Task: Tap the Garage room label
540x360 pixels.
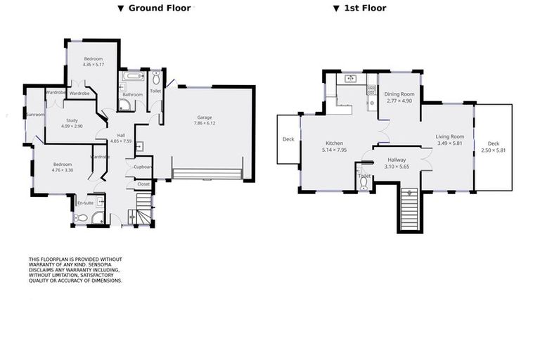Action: coord(205,117)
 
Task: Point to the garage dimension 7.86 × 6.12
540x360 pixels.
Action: coord(205,123)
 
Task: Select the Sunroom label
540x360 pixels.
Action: coord(34,114)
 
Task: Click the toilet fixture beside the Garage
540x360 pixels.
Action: coord(156,77)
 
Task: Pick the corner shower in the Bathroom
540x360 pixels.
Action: coord(124,105)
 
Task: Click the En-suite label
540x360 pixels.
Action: coord(85,202)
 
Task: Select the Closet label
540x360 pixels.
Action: coord(143,184)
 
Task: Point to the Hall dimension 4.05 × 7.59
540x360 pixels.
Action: coord(121,141)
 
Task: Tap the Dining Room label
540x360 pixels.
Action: coord(399,94)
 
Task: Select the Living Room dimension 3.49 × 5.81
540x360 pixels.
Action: coord(450,143)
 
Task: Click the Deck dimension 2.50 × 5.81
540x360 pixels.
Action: coord(494,150)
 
